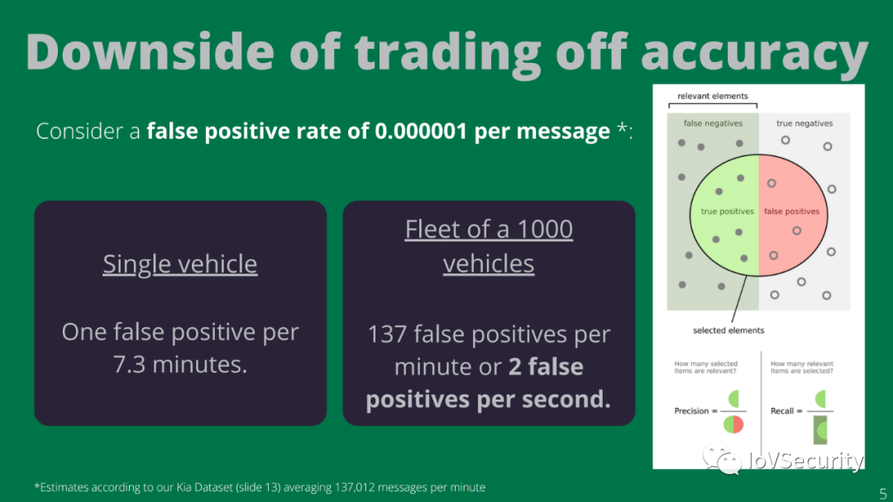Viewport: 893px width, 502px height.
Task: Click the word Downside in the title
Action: (150, 52)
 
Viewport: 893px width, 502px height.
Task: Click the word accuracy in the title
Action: (755, 54)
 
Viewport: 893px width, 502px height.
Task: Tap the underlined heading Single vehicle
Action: (180, 263)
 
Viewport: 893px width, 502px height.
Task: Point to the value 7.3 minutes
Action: (180, 364)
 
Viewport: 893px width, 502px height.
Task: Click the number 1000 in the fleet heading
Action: (544, 229)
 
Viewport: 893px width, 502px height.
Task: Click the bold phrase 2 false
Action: (546, 367)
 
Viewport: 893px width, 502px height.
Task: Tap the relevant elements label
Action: (713, 96)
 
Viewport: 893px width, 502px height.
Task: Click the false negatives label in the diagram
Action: (713, 123)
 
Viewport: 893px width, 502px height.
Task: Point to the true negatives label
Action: (805, 123)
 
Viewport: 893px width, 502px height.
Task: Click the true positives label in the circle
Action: (728, 211)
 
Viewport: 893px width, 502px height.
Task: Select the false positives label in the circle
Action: (791, 211)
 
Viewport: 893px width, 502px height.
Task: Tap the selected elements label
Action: (728, 330)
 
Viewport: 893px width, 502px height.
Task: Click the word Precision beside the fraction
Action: (691, 411)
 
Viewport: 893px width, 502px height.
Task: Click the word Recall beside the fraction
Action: (782, 411)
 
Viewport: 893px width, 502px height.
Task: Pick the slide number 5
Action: (883, 494)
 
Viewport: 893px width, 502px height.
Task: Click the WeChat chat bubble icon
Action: (722, 458)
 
